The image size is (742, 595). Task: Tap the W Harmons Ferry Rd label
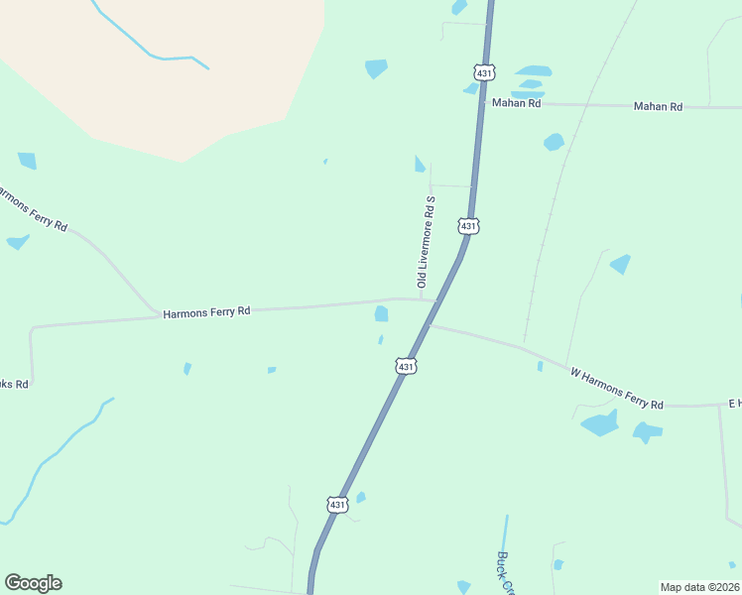616,387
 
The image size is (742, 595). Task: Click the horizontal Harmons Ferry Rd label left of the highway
206,311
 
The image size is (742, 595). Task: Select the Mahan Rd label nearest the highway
516,102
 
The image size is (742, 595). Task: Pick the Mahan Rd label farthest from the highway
659,105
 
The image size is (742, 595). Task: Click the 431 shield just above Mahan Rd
483,71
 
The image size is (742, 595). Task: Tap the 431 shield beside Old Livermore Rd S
469,226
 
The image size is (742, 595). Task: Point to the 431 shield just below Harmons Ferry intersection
405,367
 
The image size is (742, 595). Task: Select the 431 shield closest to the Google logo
337,505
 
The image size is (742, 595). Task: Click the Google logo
33,583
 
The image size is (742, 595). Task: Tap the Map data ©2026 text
699,587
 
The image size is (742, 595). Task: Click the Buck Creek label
507,570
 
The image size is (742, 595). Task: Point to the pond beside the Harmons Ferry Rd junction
381,314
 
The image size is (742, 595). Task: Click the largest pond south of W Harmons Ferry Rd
600,425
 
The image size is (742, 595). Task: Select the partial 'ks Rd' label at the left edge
14,383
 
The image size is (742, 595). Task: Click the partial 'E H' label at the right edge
734,403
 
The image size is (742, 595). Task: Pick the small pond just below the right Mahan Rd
554,142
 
